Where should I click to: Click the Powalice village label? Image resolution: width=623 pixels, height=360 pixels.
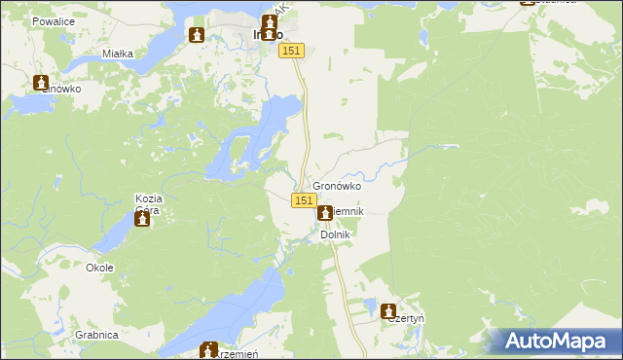(53, 20)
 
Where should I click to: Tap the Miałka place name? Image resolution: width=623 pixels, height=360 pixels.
(117, 54)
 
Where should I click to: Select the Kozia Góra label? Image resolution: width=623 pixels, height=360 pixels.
(147, 203)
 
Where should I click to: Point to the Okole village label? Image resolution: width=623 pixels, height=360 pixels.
(99, 268)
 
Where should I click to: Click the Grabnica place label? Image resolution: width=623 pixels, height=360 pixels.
(94, 335)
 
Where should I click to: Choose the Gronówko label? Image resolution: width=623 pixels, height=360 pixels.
(337, 186)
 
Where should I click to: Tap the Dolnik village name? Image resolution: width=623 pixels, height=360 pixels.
(335, 234)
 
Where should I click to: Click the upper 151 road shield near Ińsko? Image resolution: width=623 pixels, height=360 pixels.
(293, 51)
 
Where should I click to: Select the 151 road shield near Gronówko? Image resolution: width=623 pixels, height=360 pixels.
(304, 199)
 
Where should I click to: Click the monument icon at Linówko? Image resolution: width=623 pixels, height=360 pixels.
(41, 84)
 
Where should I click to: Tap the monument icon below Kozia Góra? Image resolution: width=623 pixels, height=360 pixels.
(142, 220)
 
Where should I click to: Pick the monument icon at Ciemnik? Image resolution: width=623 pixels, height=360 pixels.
(324, 211)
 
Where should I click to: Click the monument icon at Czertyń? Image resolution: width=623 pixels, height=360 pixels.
(394, 305)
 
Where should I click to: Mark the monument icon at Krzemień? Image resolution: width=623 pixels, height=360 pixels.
(208, 349)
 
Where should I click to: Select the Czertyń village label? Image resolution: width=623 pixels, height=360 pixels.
(408, 318)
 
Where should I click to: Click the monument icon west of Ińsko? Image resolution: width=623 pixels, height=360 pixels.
(197, 35)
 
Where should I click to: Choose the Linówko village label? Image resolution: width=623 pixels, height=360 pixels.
(61, 89)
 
